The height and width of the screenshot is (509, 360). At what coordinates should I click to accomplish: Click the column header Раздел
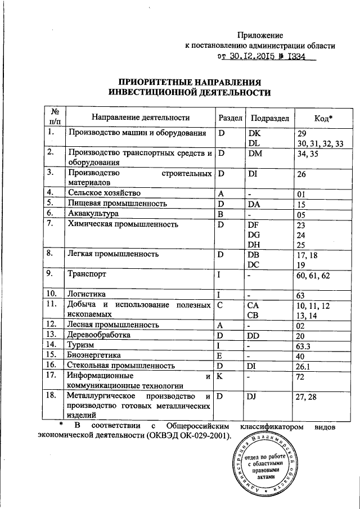click(x=229, y=118)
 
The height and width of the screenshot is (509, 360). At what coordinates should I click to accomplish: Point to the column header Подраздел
click(x=269, y=118)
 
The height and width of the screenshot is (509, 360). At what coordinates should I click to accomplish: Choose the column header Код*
click(x=322, y=118)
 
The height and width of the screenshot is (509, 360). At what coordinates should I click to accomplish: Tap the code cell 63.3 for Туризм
click(x=304, y=345)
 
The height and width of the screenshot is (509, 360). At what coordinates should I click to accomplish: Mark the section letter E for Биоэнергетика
click(x=221, y=355)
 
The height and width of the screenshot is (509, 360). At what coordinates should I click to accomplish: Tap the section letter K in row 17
click(x=221, y=375)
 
